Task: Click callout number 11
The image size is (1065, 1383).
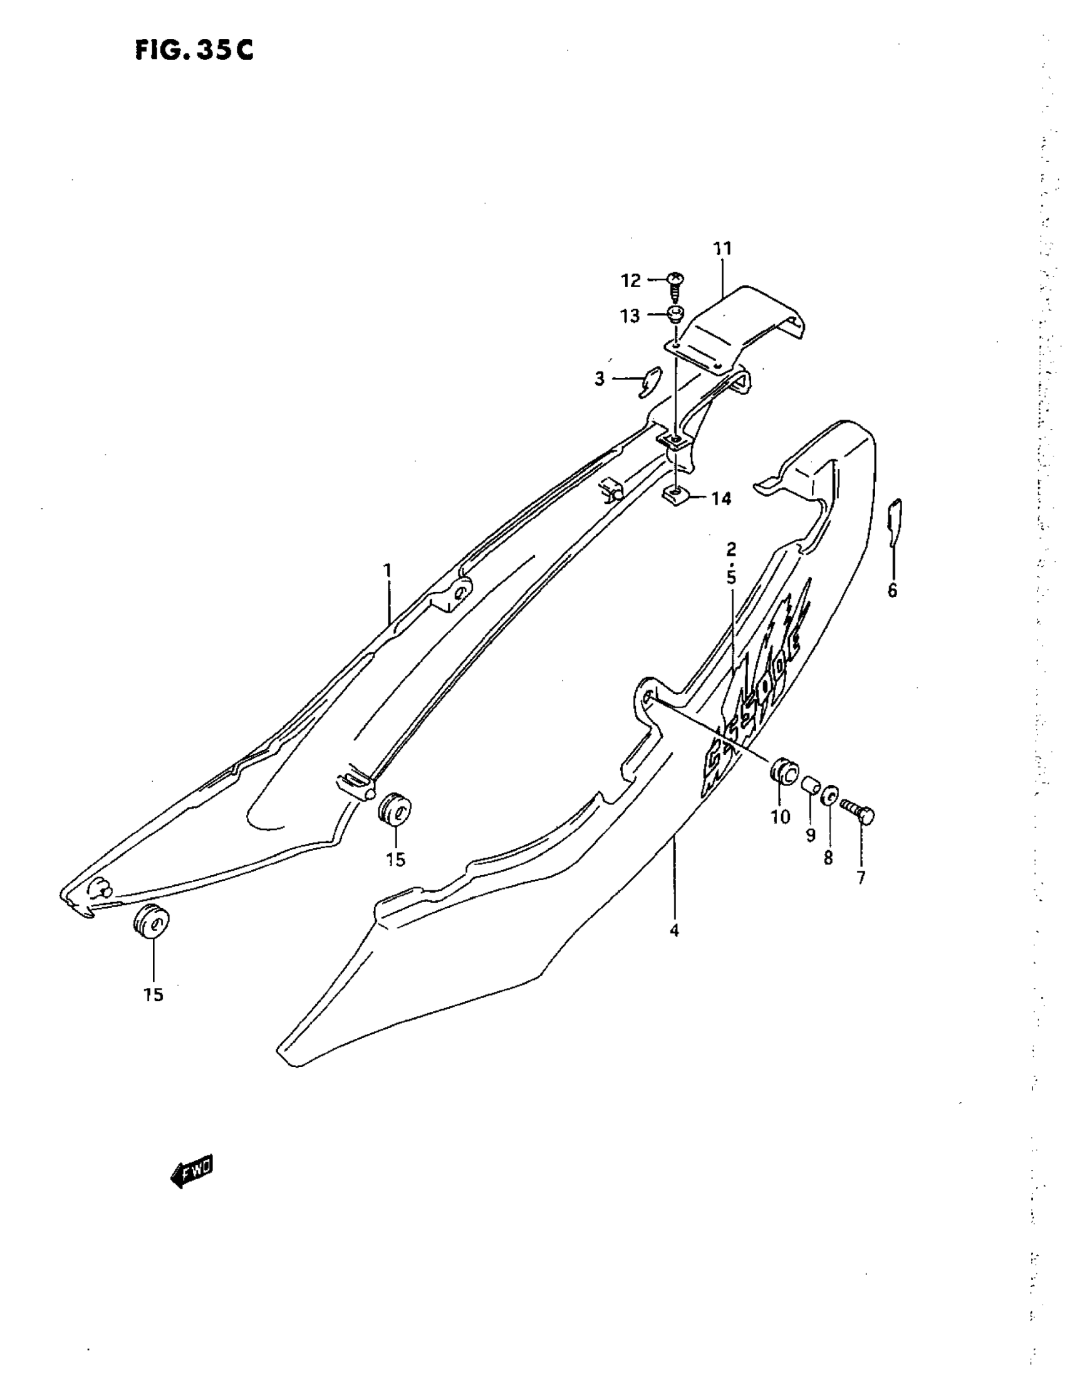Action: point(722,249)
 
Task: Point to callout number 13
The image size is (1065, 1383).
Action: point(630,316)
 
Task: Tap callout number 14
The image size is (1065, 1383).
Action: point(721,498)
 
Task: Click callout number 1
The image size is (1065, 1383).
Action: point(387,571)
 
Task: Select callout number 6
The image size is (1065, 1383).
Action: point(892,591)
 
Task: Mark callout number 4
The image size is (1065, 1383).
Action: point(675,931)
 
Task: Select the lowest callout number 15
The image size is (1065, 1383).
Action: point(153,995)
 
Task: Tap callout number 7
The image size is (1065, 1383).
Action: point(861,878)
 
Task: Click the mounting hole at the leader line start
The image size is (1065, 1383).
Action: point(646,697)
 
